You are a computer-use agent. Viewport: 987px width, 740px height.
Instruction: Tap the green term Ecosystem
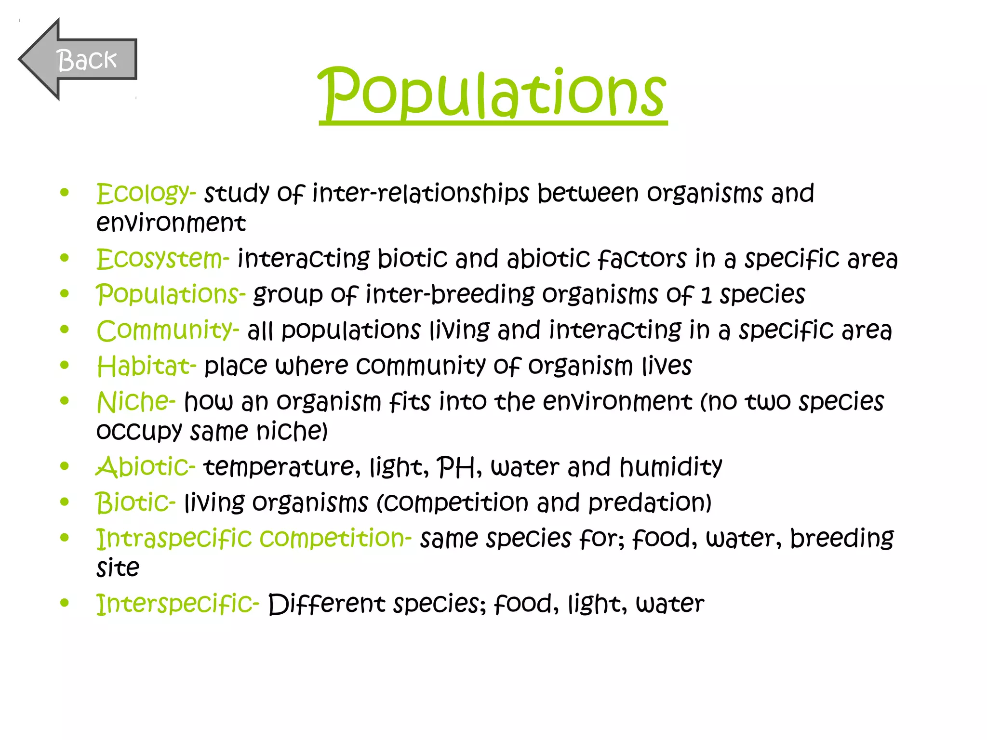click(160, 259)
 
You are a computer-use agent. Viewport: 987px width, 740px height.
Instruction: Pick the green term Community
click(164, 330)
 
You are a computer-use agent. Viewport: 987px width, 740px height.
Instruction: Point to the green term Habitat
click(143, 366)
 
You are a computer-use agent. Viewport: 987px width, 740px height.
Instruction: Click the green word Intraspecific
click(173, 538)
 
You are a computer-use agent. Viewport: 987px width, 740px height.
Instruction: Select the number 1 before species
click(706, 295)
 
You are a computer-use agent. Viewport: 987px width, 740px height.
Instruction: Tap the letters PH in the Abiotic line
click(456, 467)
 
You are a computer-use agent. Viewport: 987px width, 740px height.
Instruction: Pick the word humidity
click(670, 467)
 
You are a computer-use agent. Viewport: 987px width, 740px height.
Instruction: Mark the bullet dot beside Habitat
click(65, 365)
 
